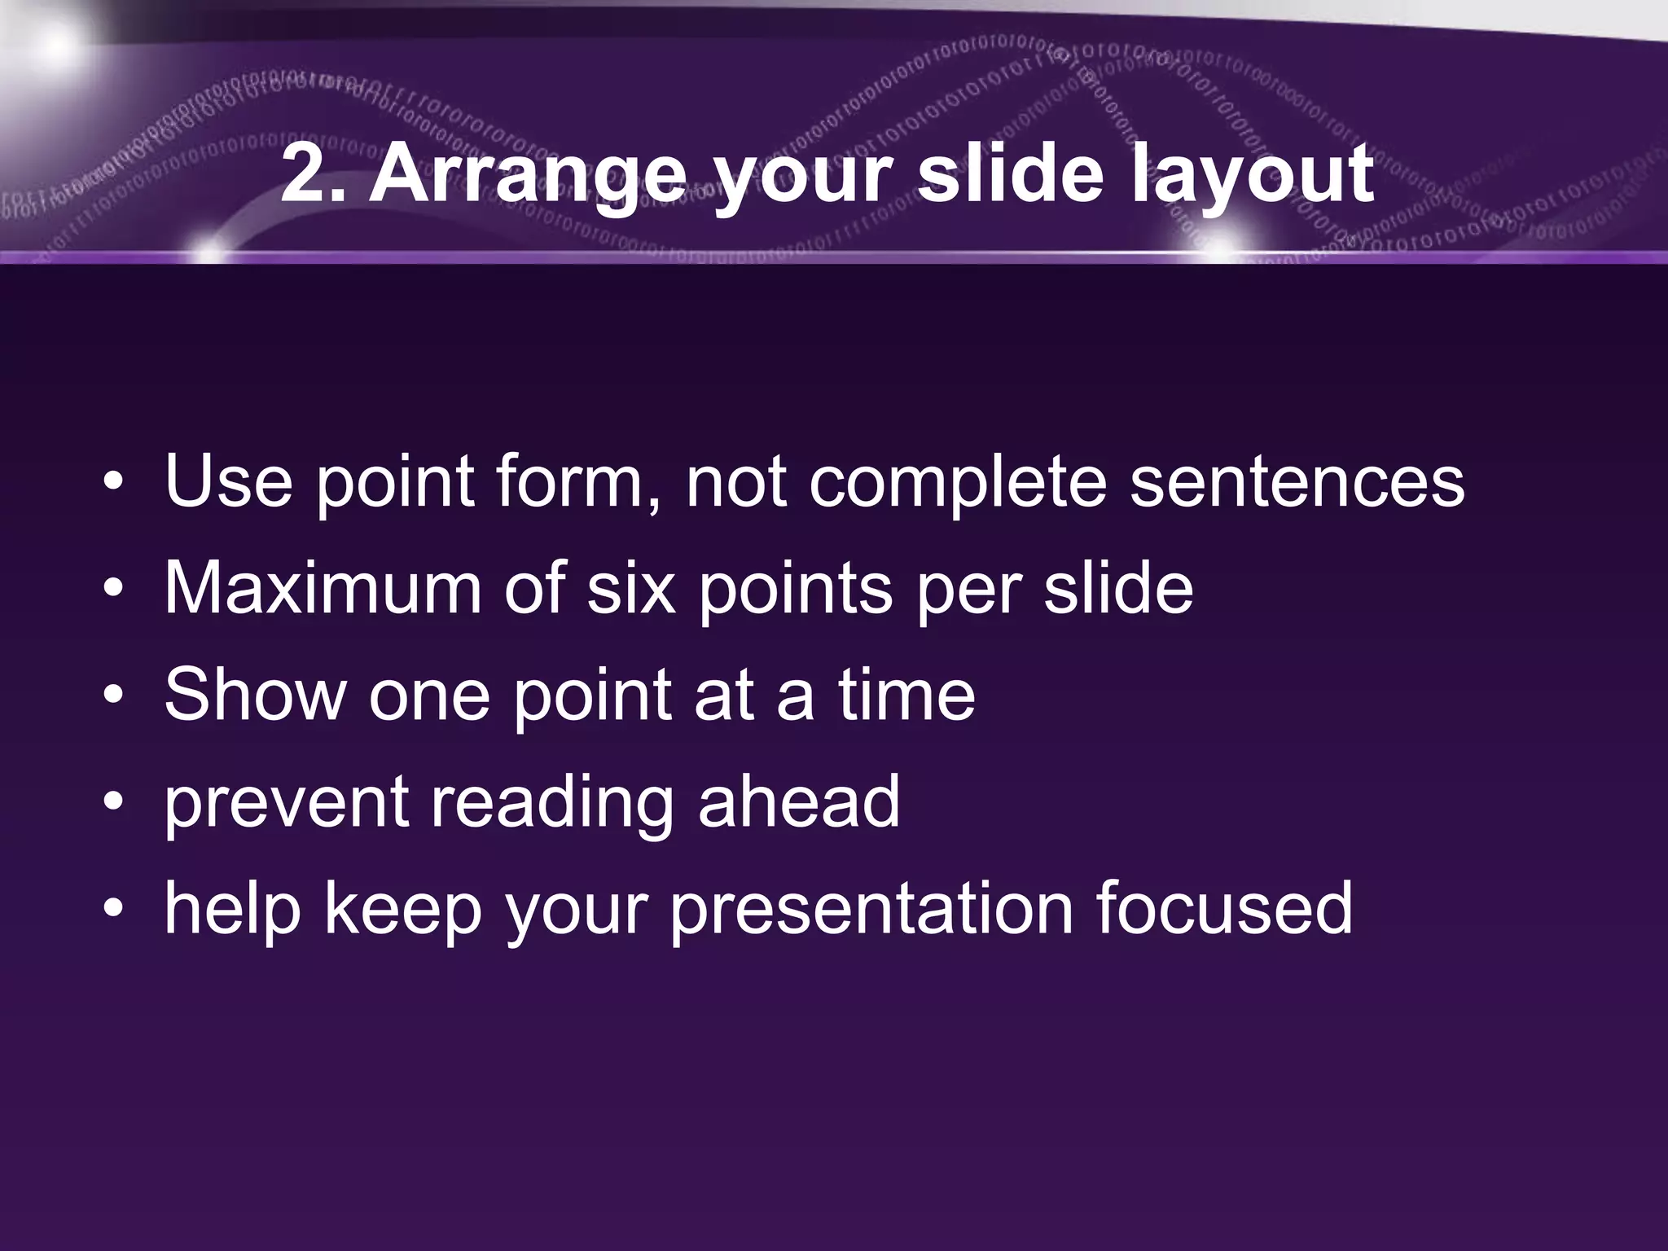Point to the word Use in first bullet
coord(228,482)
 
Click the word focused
coord(1224,909)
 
